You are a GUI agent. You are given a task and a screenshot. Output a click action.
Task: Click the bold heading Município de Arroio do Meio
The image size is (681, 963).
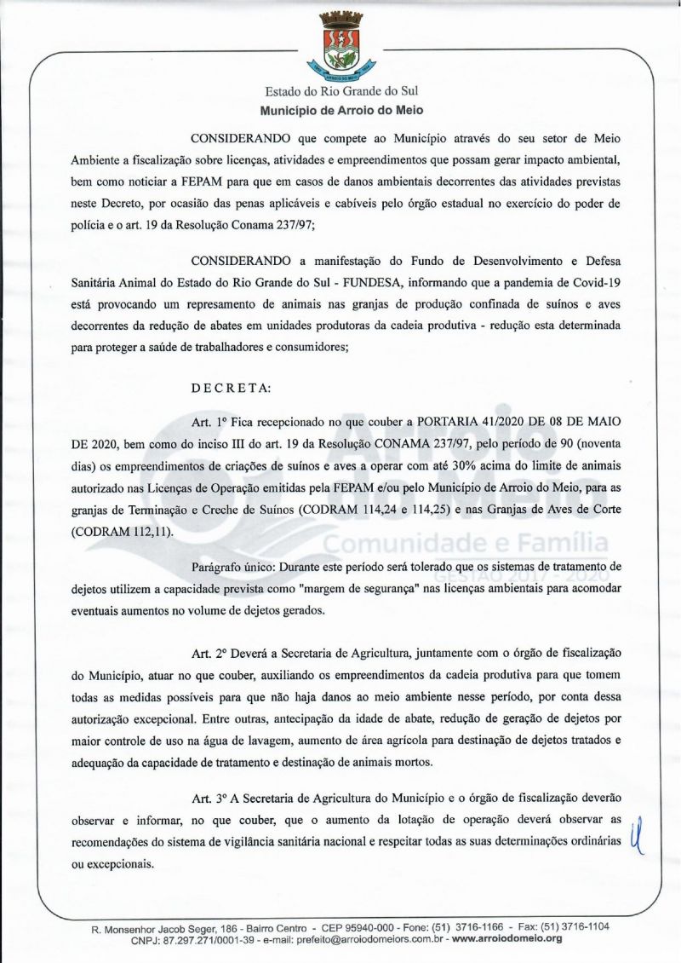click(x=341, y=110)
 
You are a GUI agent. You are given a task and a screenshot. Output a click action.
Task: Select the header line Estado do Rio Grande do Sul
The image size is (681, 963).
click(x=341, y=90)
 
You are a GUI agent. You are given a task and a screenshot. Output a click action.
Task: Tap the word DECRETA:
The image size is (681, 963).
click(x=231, y=388)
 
